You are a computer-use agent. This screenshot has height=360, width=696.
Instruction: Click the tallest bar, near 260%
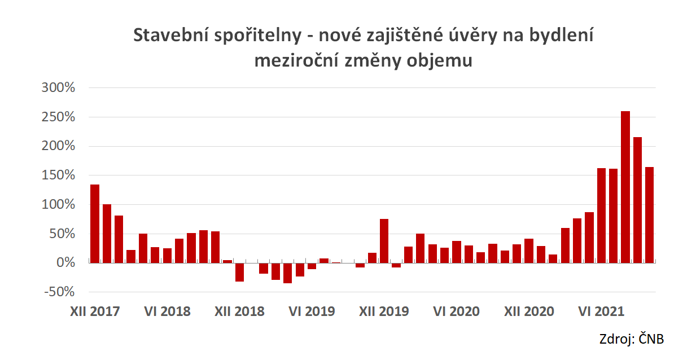coord(625,187)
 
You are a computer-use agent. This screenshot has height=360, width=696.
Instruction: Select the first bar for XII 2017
coord(95,223)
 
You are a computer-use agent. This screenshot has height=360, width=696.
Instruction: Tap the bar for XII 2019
coord(384,241)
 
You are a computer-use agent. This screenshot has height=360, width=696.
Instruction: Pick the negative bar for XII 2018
coord(239,272)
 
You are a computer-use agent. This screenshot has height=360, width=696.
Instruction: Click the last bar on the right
coord(649,214)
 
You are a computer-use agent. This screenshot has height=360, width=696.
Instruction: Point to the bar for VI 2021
coord(601,215)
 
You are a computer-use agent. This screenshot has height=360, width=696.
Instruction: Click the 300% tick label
coord(58,88)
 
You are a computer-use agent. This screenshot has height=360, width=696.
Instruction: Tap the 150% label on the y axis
coord(58,175)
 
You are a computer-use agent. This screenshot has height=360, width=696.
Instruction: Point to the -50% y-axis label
coord(58,292)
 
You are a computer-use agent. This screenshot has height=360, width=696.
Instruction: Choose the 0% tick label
coord(65,263)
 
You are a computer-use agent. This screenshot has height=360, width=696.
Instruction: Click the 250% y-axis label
coord(58,117)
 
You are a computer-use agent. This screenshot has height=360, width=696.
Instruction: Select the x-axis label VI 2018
coord(167,311)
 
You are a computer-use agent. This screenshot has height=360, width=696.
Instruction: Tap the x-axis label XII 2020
coord(529,311)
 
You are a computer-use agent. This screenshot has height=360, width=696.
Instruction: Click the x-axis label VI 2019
coord(312,311)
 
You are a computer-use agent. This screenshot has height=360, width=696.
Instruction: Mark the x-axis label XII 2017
coord(95,311)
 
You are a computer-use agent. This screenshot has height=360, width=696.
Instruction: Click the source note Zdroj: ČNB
coord(631,339)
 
